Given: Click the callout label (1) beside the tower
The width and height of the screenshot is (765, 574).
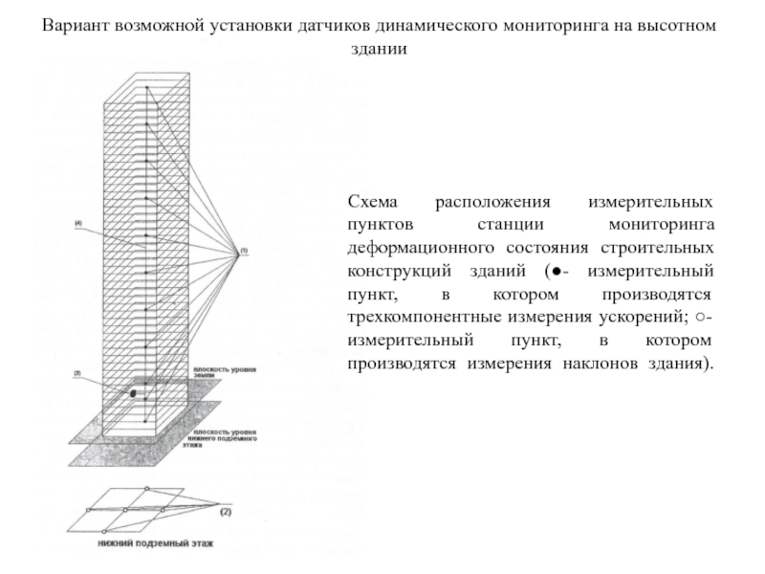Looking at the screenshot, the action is (x=244, y=251).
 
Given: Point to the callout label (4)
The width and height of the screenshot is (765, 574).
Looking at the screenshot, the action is (x=78, y=224).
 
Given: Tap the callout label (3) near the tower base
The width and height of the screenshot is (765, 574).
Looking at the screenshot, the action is (x=76, y=372).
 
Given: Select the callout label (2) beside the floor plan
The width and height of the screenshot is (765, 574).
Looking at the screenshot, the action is (x=227, y=513).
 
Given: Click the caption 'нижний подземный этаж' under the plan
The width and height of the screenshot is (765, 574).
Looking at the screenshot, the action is (x=156, y=544).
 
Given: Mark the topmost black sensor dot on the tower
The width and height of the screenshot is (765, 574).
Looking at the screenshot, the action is (x=146, y=88).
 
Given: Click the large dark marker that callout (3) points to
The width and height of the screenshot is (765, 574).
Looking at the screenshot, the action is (x=133, y=393).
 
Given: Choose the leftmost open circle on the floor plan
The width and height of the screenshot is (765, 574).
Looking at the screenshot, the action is (x=88, y=510).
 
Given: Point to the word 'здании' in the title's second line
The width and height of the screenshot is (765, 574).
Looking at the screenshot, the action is (x=382, y=50).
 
